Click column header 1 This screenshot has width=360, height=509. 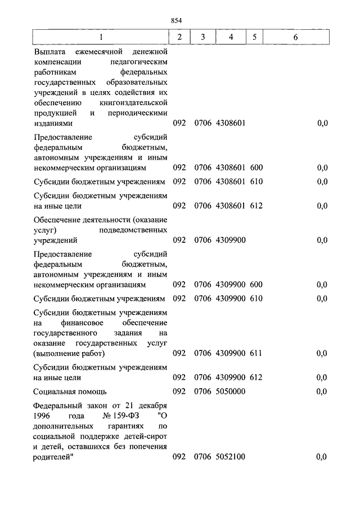pyautogui.click(x=101, y=37)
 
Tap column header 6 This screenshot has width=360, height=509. pyautogui.click(x=296, y=37)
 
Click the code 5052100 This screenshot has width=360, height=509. pyautogui.click(x=229, y=457)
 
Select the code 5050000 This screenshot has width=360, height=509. pyautogui.click(x=229, y=391)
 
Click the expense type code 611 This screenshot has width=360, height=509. pyautogui.click(x=256, y=353)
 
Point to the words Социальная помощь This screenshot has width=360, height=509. pyautogui.click(x=70, y=391)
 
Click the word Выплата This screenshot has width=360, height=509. pyautogui.click(x=49, y=52)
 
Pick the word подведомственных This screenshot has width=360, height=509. pyautogui.click(x=133, y=230)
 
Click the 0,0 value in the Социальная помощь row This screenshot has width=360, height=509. pyautogui.click(x=322, y=391)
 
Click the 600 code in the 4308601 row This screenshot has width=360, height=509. pyautogui.click(x=256, y=168)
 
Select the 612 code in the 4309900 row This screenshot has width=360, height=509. pyautogui.click(x=256, y=377)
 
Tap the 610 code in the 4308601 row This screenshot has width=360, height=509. pyautogui.click(x=256, y=182)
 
